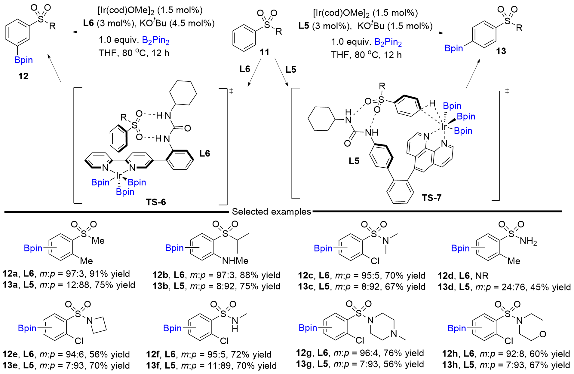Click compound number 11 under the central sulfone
pyautogui.click(x=264, y=52)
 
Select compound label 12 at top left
pyautogui.click(x=23, y=76)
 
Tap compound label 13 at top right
pyautogui.click(x=501, y=51)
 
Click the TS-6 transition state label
pyautogui.click(x=156, y=202)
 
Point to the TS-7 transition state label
pyautogui.click(x=431, y=198)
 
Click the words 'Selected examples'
pyautogui.click(x=271, y=212)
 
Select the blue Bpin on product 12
pyautogui.click(x=23, y=60)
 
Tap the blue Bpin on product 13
pyautogui.click(x=454, y=48)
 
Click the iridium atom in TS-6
pyautogui.click(x=119, y=175)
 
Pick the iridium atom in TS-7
pyautogui.click(x=444, y=127)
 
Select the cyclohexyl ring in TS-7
pyautogui.click(x=321, y=119)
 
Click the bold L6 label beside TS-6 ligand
pyautogui.click(x=205, y=154)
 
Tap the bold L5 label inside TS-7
pyautogui.click(x=354, y=161)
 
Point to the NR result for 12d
pyautogui.click(x=482, y=276)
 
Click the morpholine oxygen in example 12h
pyautogui.click(x=542, y=334)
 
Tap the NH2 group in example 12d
pyautogui.click(x=528, y=241)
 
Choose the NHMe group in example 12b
pyautogui.click(x=235, y=261)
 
